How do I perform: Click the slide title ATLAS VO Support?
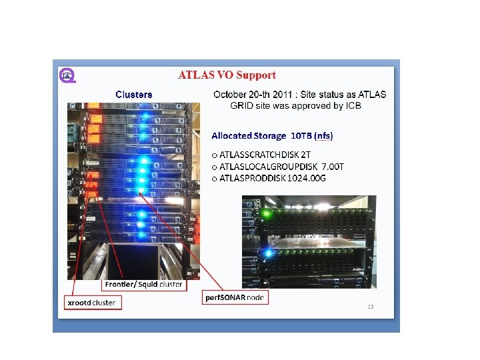click(x=227, y=75)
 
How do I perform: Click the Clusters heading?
click(x=133, y=95)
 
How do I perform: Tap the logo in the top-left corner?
click(x=67, y=75)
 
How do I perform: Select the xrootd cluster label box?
click(x=92, y=303)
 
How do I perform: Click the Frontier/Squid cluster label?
click(x=143, y=285)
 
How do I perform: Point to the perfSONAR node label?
click(x=235, y=297)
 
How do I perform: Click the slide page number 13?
click(x=371, y=307)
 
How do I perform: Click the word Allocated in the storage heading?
click(x=232, y=135)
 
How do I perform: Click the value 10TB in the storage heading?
click(x=299, y=135)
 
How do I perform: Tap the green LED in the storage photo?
click(x=266, y=213)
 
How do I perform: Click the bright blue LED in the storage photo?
click(x=268, y=253)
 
